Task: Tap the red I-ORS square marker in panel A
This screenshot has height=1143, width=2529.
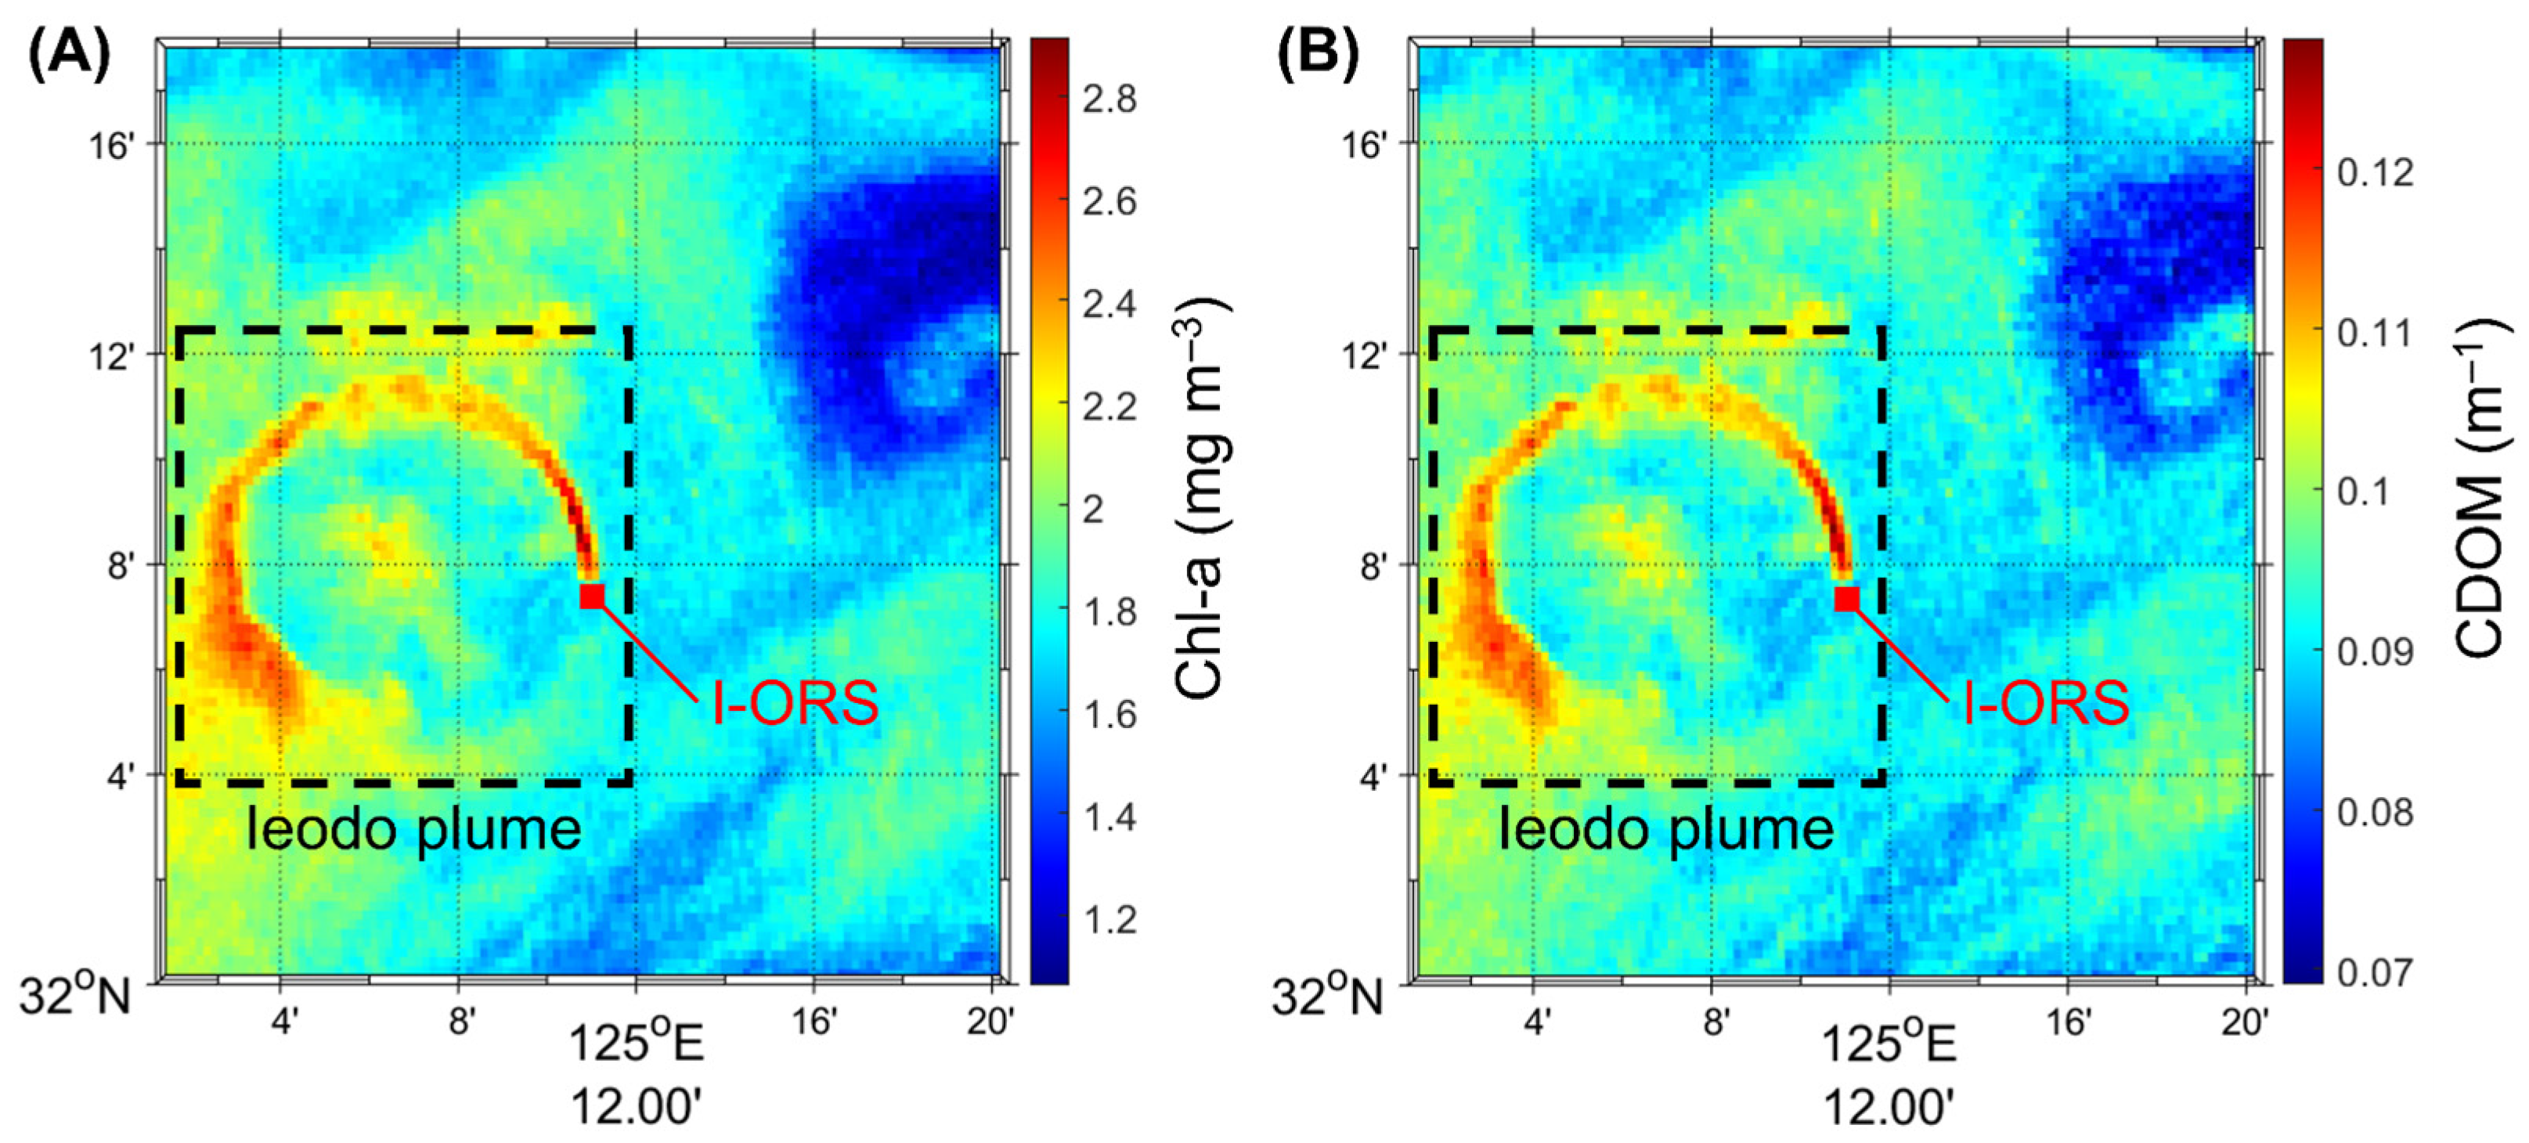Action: coord(592,596)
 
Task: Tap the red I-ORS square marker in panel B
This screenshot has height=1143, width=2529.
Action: coord(1847,598)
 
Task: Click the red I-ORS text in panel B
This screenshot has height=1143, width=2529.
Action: coord(2046,703)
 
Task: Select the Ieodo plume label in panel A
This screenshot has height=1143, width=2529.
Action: coord(413,831)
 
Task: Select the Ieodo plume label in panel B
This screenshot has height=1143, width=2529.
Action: coord(1666,831)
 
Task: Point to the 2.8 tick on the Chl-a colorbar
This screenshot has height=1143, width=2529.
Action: coord(1109,99)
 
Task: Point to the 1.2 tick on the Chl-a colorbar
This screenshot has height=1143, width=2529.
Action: coord(1109,920)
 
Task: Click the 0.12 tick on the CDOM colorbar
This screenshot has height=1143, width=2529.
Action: coord(2374,173)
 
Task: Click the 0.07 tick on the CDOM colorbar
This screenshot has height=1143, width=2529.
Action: coord(2374,972)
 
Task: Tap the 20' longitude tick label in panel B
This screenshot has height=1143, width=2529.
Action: coord(2244,1023)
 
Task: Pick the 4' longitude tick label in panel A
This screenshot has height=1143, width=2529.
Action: coord(283,1023)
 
